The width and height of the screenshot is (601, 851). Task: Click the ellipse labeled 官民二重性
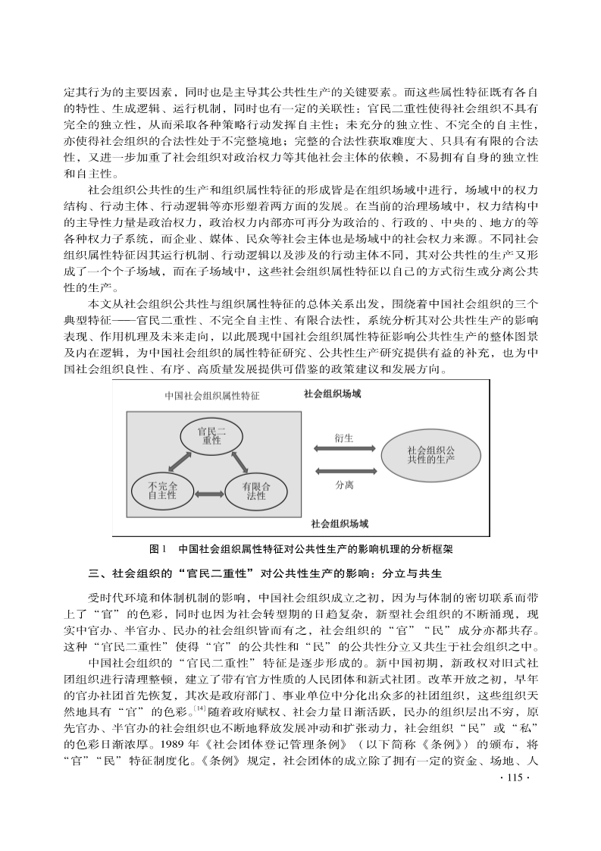(209, 437)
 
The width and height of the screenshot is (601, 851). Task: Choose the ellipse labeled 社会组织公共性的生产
(430, 455)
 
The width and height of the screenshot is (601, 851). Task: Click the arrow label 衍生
(343, 438)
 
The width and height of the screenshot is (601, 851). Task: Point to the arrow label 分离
(343, 484)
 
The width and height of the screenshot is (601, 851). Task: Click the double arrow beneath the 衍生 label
(343, 451)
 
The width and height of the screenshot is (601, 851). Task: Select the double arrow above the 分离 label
(343, 471)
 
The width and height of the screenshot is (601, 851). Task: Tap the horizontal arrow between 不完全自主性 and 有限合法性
(208, 495)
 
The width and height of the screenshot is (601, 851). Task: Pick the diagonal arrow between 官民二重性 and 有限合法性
(239, 460)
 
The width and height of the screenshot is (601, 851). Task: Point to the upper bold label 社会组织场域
(332, 394)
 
